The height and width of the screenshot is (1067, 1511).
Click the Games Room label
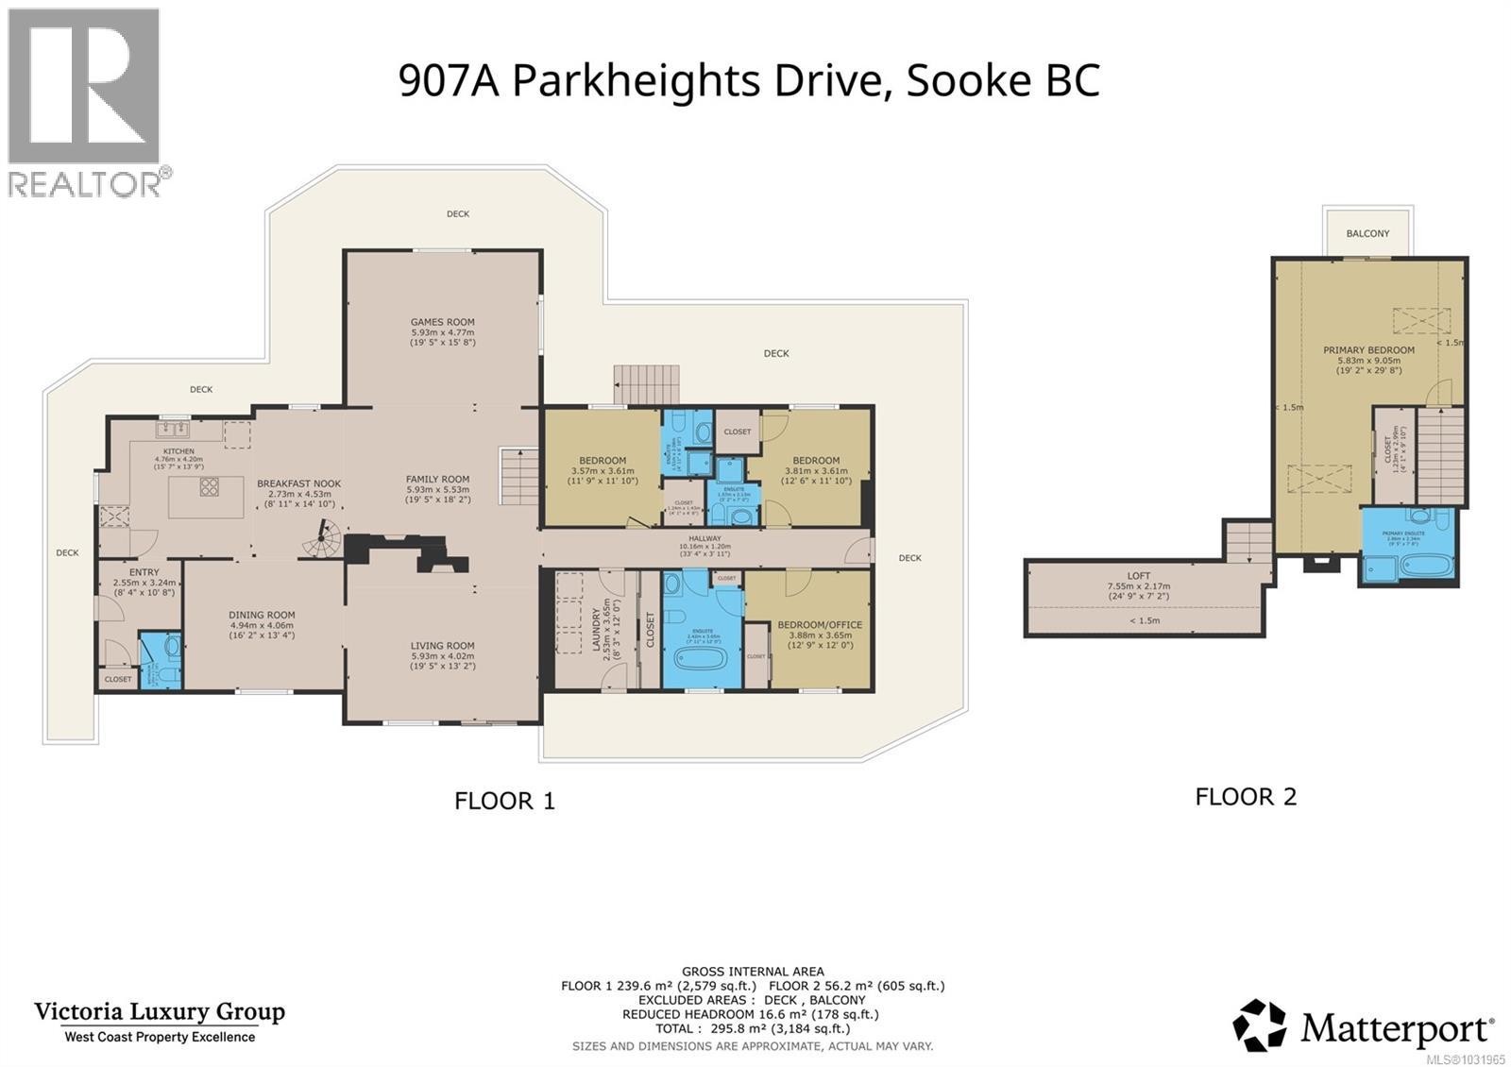tap(442, 322)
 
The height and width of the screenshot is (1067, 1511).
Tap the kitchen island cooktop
tap(209, 487)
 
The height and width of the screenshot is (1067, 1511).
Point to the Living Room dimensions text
tap(442, 662)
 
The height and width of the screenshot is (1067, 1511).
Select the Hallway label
tap(705, 538)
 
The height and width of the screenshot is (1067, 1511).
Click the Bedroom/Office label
tap(819, 624)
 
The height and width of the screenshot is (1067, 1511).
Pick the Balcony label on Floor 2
tap(1367, 233)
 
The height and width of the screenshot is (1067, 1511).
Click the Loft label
tap(1138, 575)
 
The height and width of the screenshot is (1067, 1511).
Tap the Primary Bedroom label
tap(1368, 350)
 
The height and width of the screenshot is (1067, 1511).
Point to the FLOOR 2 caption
tap(1246, 797)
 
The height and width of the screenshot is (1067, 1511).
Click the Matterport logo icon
tap(1259, 1025)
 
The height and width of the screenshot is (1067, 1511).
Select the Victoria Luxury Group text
tap(160, 1012)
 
